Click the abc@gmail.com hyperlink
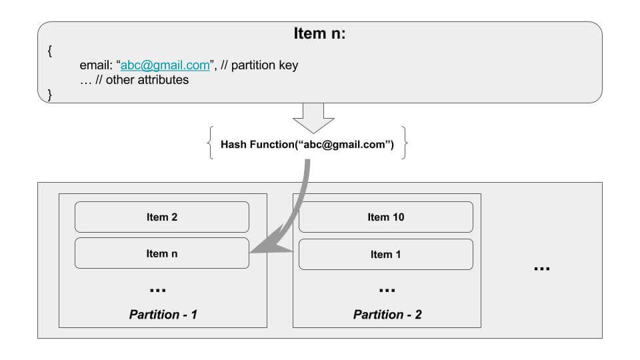[165, 65]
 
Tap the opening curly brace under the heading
[50, 51]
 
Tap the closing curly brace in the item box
[50, 95]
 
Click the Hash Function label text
[307, 145]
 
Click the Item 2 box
[161, 217]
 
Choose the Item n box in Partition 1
[161, 253]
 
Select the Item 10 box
[386, 217]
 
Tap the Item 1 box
[386, 254]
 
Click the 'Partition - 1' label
[163, 314]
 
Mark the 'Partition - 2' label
[387, 314]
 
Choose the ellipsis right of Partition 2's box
[542, 269]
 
